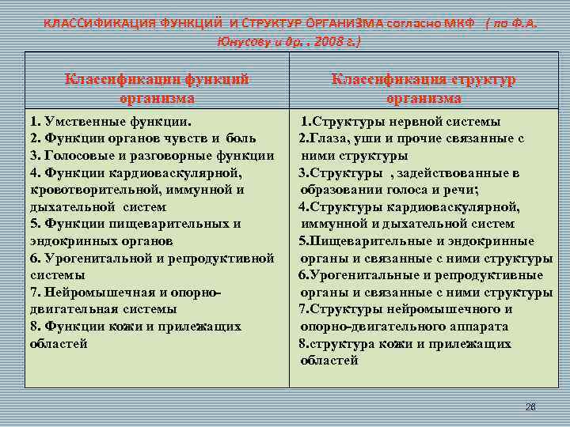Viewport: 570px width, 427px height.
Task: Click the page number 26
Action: pos(530,406)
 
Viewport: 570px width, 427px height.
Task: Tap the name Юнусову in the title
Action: pos(241,40)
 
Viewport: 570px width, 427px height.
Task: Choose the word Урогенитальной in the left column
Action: pos(93,258)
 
